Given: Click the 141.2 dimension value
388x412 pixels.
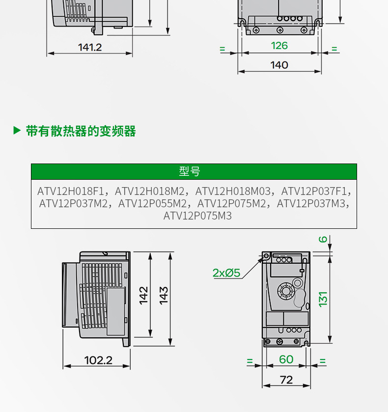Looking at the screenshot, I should pos(90,47).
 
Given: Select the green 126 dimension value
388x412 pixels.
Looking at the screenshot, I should pos(279,46).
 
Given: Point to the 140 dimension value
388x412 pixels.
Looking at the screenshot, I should pos(279,65).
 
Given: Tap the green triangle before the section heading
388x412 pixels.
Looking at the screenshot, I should pos(17,131).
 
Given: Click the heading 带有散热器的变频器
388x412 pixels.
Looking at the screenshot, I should pos(81,131).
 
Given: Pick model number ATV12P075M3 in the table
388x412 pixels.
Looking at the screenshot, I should pos(197,216).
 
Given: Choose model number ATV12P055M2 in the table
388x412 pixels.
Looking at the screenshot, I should pos(153,203).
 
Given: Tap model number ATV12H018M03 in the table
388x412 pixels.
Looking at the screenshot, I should pos(233,191).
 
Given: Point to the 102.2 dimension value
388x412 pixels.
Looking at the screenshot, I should pos(98,360).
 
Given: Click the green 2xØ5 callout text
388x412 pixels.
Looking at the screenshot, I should pos(226,273).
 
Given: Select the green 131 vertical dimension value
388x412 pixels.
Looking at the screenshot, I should pos(323,299).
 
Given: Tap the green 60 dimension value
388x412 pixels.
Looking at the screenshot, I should pos(286,359).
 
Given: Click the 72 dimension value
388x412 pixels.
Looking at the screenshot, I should pos(286,380).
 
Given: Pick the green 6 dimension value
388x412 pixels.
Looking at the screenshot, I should pos(323,240).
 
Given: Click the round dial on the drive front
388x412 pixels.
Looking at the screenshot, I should pos(285,291).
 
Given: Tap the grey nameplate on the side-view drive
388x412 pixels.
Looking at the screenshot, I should pos(116,311).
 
